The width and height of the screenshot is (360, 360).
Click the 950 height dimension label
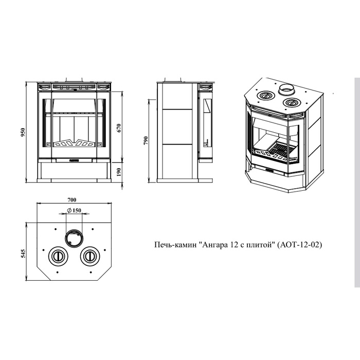click(x=23, y=133)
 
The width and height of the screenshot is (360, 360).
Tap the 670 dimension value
click(x=119, y=128)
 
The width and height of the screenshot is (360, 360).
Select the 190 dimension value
click(x=119, y=172)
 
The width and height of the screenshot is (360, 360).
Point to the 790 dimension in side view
click(x=146, y=140)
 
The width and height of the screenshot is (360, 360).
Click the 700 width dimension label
click(x=71, y=200)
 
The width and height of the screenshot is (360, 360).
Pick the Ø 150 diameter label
click(x=74, y=210)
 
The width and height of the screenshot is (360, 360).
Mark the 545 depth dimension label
click(x=23, y=253)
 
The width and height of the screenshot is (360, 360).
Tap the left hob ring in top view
click(x=58, y=256)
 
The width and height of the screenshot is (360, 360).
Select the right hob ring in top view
click(x=90, y=256)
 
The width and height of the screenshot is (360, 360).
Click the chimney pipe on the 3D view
click(x=286, y=89)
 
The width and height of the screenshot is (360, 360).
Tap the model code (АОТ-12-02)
click(x=299, y=245)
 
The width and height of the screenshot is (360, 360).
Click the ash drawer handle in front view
click(x=74, y=160)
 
